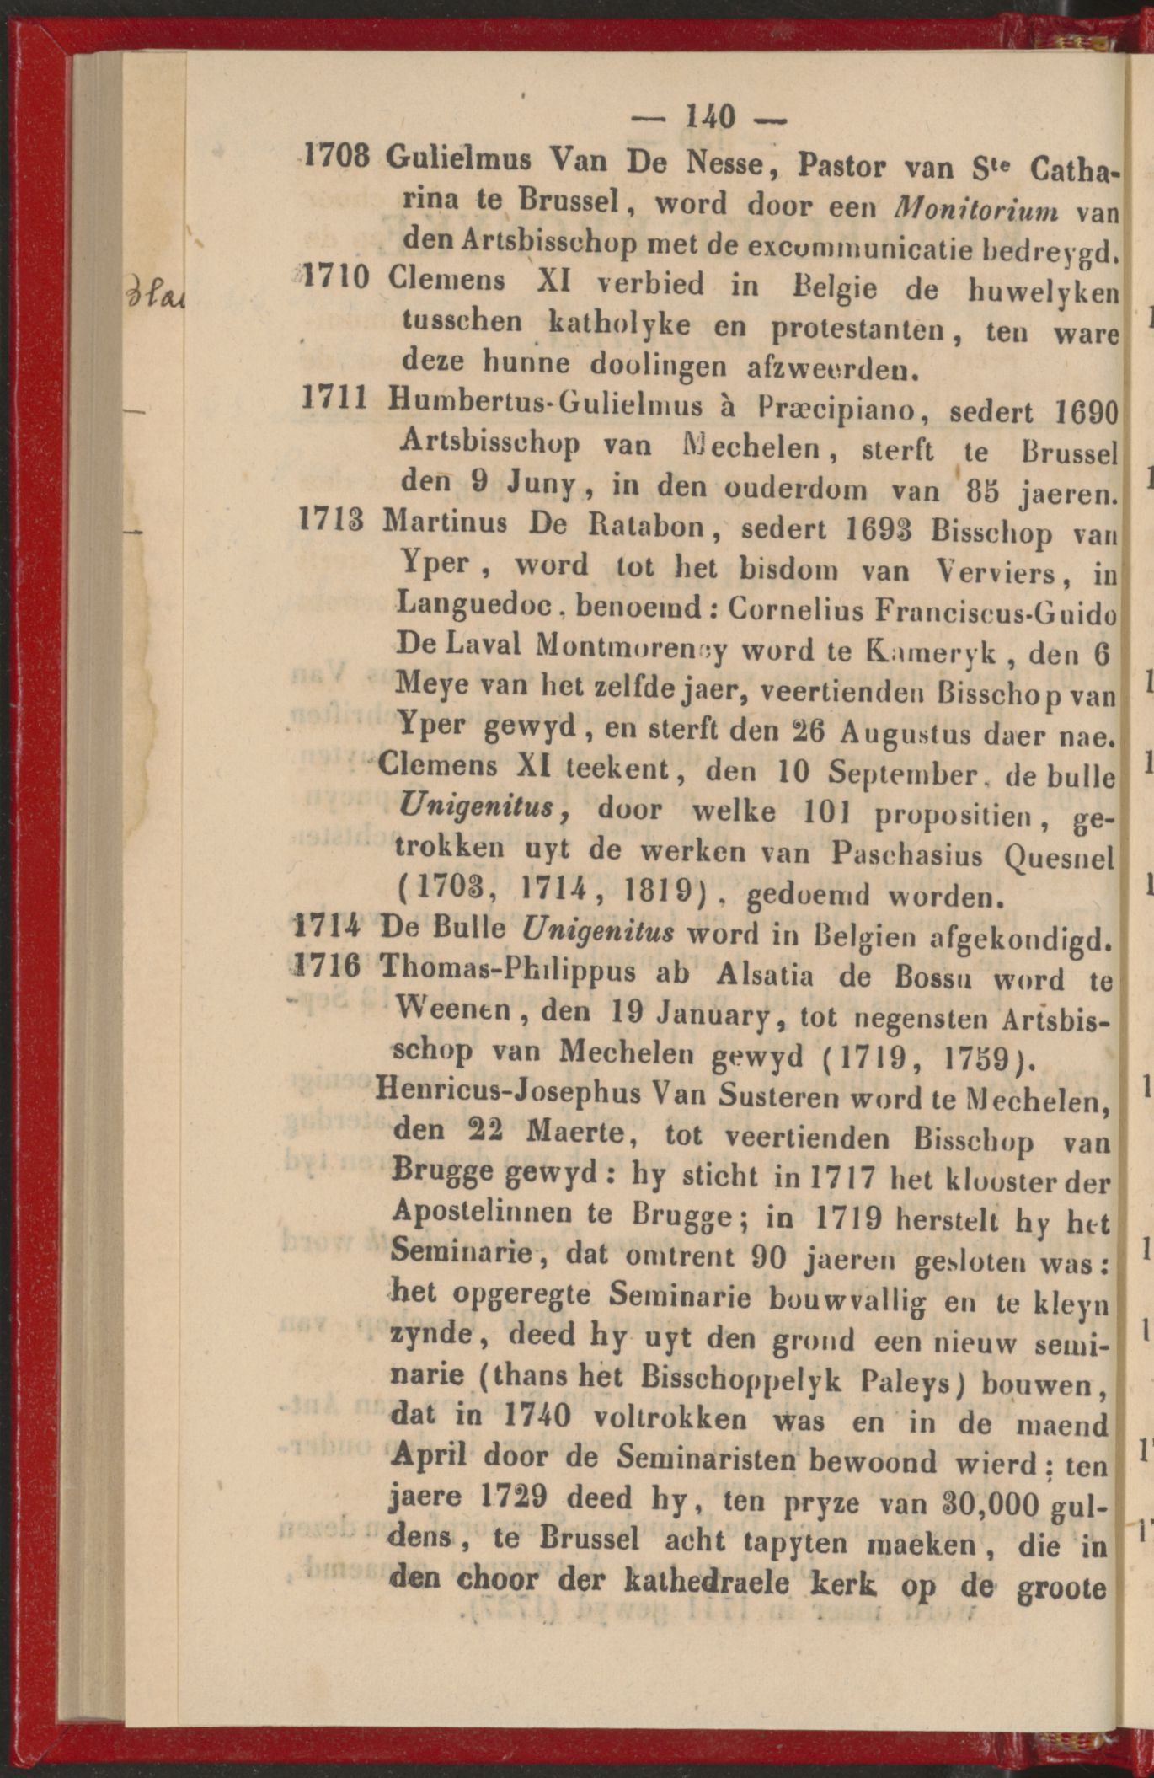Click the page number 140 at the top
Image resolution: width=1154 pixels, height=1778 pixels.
click(x=711, y=115)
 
